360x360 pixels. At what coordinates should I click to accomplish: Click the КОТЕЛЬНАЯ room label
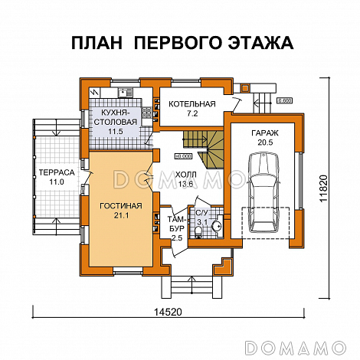tap(191, 104)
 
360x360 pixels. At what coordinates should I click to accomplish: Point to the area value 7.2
tap(191, 113)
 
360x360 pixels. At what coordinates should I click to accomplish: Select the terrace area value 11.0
tap(57, 185)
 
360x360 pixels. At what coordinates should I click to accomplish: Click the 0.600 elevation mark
tap(285, 100)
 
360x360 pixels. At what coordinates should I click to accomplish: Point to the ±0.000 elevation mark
tap(182, 156)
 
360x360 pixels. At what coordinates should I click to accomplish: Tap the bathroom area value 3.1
tap(203, 222)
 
